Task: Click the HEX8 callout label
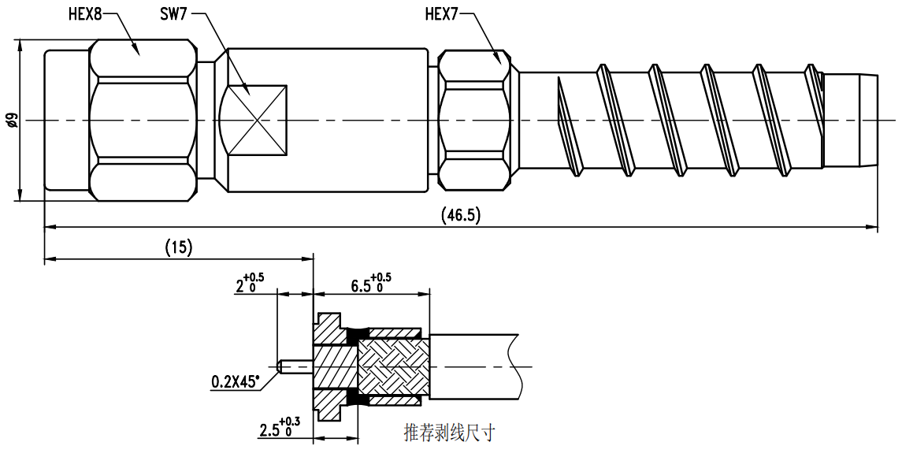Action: (x=84, y=13)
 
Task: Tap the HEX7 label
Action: (x=442, y=13)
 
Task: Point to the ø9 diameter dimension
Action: (x=12, y=121)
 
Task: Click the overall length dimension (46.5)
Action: (x=461, y=215)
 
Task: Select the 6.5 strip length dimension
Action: (x=370, y=283)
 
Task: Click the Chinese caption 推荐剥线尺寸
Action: (x=449, y=433)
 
